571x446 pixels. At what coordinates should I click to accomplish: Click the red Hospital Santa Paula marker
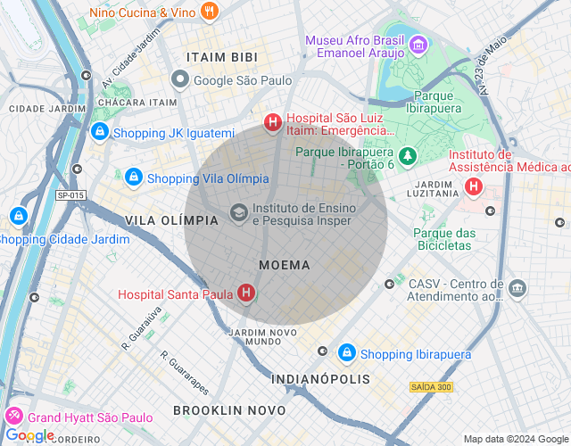tap(245, 293)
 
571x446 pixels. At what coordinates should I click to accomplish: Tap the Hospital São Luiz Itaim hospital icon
tap(272, 123)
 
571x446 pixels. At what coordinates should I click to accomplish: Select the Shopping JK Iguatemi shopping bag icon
tap(99, 133)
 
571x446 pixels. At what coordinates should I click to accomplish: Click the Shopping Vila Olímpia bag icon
tap(133, 178)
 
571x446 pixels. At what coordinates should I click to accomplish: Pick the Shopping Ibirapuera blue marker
tap(347, 353)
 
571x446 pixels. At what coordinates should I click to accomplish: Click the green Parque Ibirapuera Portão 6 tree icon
tap(407, 157)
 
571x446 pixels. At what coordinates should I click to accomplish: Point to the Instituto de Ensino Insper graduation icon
tap(238, 213)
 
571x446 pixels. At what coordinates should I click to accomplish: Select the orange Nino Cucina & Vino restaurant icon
tap(211, 12)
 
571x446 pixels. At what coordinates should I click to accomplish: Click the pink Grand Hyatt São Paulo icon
tap(14, 417)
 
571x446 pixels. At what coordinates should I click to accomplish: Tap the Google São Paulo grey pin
tap(179, 80)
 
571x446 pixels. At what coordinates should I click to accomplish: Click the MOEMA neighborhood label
tap(285, 265)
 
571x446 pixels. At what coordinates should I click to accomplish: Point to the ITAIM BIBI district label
tap(214, 57)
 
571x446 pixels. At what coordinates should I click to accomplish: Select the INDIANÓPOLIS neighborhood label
tap(320, 379)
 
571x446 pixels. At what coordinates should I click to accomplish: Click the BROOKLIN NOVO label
tap(229, 410)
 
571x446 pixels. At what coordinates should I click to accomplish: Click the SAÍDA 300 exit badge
tap(431, 386)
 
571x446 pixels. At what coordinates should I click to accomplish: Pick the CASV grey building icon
tap(517, 289)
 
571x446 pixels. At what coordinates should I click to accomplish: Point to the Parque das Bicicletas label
tap(443, 238)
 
